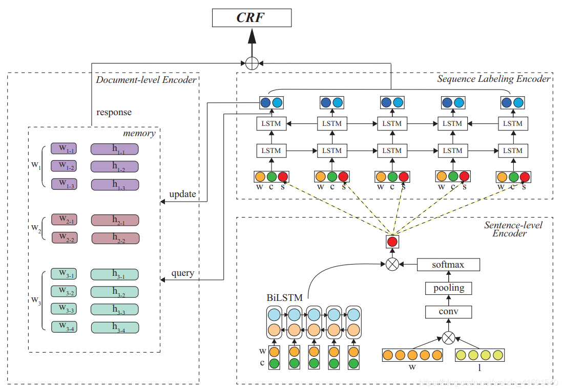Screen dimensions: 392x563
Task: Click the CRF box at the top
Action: tap(252, 18)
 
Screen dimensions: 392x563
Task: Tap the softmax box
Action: tap(448, 265)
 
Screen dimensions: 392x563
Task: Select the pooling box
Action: tap(448, 288)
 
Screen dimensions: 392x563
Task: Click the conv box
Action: tap(448, 312)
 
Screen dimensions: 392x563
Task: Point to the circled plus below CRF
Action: tap(252, 63)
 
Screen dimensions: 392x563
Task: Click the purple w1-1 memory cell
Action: tap(64, 148)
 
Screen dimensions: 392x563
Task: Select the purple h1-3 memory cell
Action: tap(115, 185)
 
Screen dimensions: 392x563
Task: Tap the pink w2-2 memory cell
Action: tap(64, 237)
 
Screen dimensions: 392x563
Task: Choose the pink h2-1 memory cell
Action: tap(115, 220)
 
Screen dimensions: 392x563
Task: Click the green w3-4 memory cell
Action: tap(64, 326)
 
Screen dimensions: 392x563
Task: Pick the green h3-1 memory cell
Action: tap(115, 274)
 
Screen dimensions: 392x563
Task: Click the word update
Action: tap(182, 194)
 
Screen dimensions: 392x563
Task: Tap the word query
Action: tap(183, 273)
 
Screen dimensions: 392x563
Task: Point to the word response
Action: tap(114, 112)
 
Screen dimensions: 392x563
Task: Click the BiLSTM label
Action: tap(284, 297)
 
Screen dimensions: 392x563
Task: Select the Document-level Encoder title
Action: tap(146, 79)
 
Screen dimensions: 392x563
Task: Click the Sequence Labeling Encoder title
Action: tap(493, 79)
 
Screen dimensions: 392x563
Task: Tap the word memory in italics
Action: tap(139, 133)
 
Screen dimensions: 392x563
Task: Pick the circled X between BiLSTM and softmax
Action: tap(392, 265)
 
